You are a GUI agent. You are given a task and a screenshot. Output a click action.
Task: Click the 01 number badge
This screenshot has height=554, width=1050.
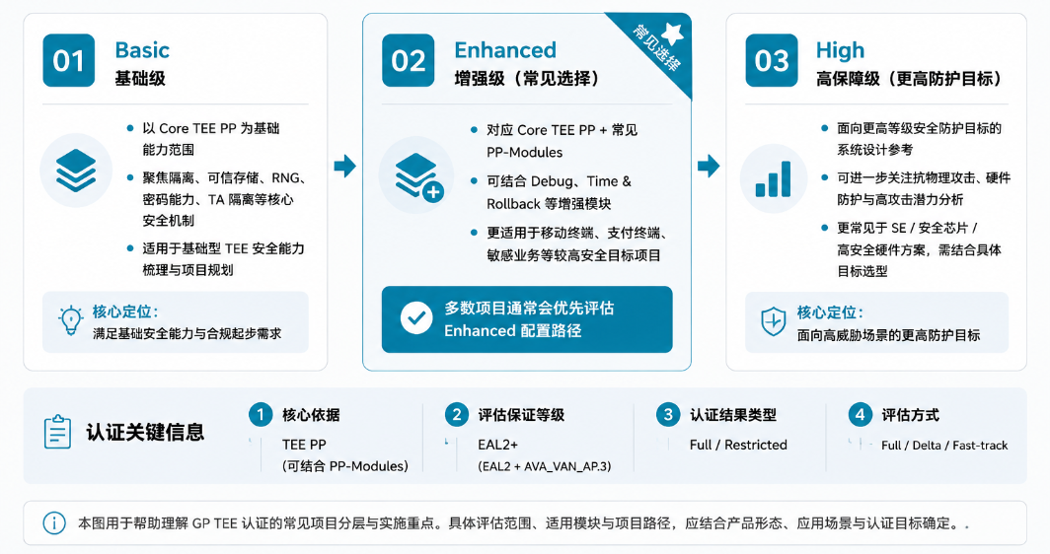(69, 60)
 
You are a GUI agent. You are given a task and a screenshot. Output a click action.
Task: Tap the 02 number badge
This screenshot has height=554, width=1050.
(409, 60)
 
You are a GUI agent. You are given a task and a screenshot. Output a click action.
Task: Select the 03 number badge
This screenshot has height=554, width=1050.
(772, 60)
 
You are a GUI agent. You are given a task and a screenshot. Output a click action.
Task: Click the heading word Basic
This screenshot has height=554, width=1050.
(142, 50)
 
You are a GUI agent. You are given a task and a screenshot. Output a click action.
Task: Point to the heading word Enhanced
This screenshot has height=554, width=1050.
(505, 50)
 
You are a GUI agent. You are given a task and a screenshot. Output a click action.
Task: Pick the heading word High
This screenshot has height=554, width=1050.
(840, 51)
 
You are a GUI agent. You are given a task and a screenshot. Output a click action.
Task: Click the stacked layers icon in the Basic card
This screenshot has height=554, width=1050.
(76, 171)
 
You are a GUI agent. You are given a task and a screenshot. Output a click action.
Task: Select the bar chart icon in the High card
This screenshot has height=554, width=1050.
(773, 179)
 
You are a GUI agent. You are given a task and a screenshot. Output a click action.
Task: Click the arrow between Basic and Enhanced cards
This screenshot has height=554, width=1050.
(344, 166)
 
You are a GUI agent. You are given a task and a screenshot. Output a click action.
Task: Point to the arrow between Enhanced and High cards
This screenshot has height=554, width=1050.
(709, 166)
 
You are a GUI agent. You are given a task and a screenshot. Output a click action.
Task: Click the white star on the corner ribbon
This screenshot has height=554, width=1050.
(671, 34)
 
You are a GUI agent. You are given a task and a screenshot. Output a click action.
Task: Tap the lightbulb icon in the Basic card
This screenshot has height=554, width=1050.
(70, 320)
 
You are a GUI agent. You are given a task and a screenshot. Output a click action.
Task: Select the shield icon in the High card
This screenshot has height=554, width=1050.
(774, 321)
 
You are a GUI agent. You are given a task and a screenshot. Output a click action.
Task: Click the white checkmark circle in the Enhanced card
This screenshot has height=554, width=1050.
(416, 318)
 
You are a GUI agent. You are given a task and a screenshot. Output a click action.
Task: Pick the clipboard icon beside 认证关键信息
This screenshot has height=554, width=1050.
(57, 432)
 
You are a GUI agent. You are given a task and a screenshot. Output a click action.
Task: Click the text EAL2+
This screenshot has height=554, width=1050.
(497, 445)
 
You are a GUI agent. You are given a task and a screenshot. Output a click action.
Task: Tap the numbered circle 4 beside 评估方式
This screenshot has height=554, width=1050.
(860, 415)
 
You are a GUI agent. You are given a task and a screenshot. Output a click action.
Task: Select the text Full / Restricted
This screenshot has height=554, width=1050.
(738, 445)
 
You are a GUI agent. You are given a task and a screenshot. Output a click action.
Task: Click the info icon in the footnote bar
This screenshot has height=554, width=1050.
(54, 523)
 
